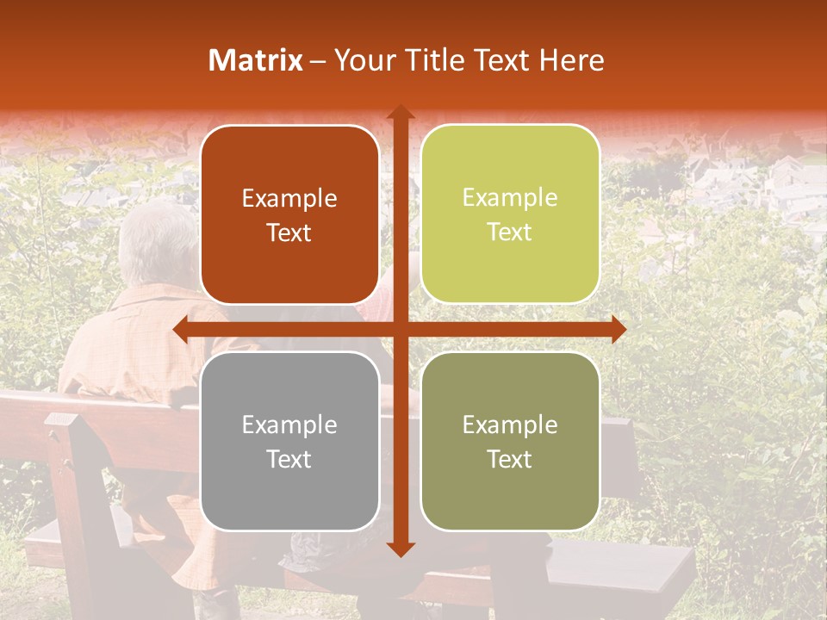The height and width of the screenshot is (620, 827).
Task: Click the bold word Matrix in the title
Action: click(x=256, y=60)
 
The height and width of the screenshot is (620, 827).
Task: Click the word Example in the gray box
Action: click(x=289, y=425)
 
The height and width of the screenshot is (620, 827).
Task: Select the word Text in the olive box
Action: click(x=510, y=459)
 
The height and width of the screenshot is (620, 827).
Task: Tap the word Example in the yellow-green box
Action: click(x=510, y=198)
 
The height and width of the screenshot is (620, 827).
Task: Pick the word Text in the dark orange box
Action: click(x=289, y=232)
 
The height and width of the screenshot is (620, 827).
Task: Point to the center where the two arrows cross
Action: click(x=400, y=329)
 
